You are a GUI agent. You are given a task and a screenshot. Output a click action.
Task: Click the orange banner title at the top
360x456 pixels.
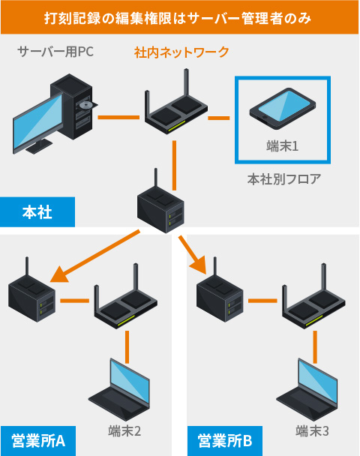[178, 18]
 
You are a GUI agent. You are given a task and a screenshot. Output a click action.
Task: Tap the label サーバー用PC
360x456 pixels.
[55, 52]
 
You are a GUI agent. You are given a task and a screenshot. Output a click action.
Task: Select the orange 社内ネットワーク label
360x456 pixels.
[181, 52]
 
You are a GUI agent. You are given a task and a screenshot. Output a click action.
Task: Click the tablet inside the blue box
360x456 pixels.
[282, 108]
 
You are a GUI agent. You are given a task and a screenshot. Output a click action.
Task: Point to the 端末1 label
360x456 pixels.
[282, 146]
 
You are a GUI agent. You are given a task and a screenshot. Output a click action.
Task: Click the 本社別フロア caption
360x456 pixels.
[284, 179]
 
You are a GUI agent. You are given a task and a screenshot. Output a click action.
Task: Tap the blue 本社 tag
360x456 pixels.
[37, 212]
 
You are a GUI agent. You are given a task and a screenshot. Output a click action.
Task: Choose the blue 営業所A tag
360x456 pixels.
[38, 440]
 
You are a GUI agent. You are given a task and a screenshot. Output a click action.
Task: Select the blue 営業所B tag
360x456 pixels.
[225, 440]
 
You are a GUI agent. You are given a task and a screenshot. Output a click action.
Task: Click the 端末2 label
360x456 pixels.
[124, 430]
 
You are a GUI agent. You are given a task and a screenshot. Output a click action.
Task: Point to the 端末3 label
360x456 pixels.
[312, 430]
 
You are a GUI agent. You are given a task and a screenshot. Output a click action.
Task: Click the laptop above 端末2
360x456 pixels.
[119, 389]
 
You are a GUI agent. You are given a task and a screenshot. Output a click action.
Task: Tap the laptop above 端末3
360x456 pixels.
[307, 389]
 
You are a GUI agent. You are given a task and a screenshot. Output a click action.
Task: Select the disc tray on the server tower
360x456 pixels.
[87, 106]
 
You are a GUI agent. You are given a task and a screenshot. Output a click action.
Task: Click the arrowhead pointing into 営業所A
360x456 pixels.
[59, 274]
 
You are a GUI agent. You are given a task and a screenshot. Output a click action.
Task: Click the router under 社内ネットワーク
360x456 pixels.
[176, 107]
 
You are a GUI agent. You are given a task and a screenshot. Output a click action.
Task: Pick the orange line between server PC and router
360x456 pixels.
[118, 118]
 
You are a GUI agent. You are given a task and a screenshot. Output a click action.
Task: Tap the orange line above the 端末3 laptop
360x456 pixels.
[315, 347]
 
